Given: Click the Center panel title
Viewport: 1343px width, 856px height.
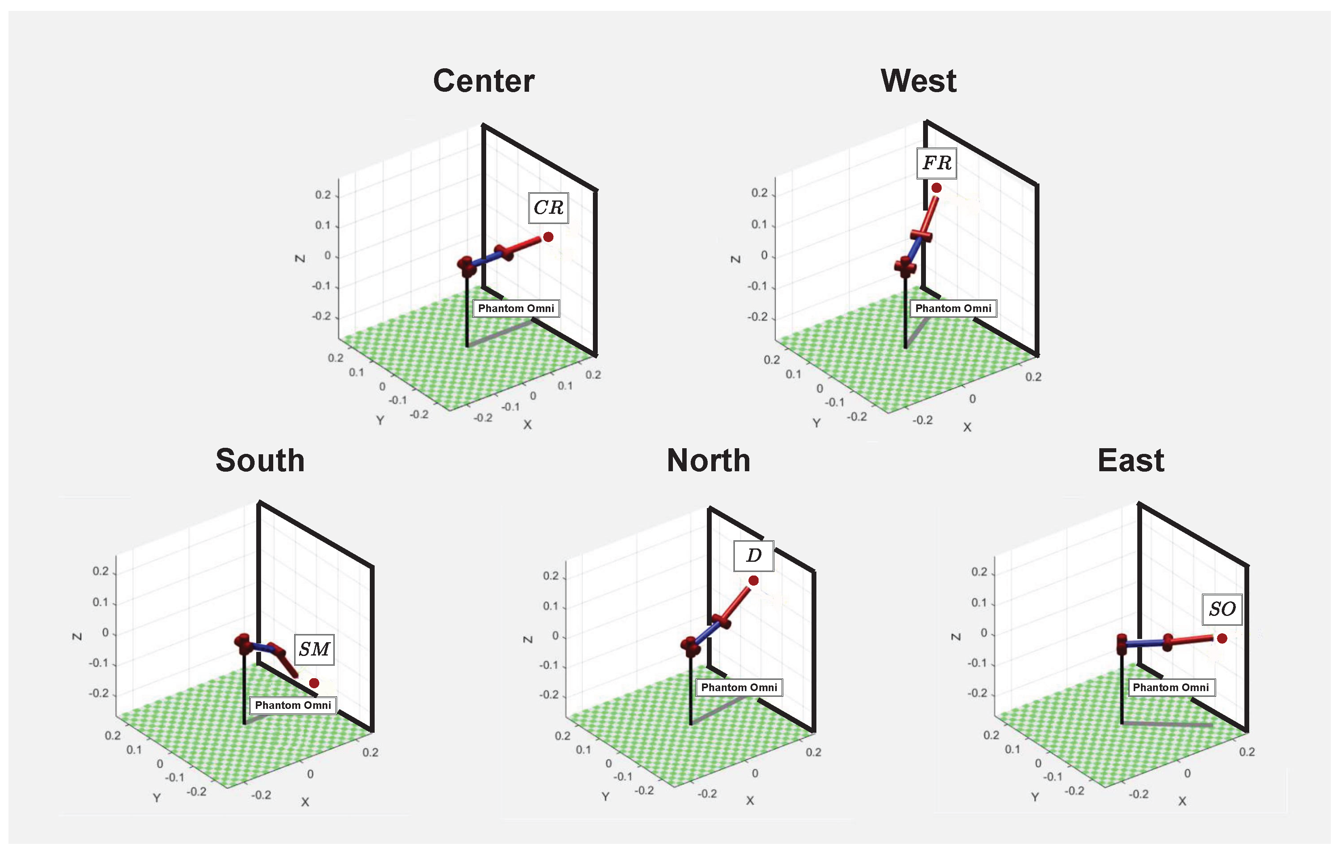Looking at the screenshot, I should point(483,81).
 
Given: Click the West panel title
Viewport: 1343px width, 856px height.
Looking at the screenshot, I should point(919,81).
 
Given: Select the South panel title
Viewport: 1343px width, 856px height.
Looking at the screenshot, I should point(260,461).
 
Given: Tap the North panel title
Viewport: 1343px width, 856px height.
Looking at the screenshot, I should point(708,461).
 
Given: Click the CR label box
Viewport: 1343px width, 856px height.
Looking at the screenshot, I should point(548,207).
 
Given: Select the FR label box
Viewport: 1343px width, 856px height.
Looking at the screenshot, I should point(936,163).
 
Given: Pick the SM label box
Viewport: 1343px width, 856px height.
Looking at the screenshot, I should point(314,649).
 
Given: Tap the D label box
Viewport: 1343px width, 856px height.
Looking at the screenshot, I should point(753,555).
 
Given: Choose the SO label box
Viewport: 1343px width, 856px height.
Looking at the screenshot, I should point(1222,609).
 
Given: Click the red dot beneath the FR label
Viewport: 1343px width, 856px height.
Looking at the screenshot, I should point(936,188).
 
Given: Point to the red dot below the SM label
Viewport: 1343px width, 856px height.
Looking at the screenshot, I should point(314,683).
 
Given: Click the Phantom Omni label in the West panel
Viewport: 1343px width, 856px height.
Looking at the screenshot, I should point(953,308).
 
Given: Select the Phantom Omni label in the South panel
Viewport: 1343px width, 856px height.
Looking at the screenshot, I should point(293,705).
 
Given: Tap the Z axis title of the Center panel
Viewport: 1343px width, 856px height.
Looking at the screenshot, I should point(299,259).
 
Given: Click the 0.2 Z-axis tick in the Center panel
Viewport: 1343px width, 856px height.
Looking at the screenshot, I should point(323,195).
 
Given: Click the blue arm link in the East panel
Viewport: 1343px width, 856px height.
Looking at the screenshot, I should point(1145,643).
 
